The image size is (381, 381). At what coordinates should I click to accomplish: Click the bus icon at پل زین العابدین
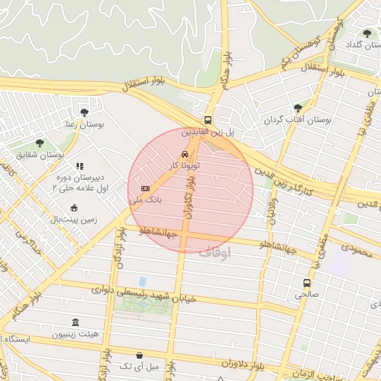click(x=208, y=119)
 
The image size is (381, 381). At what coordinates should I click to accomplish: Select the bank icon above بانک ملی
click(x=145, y=188)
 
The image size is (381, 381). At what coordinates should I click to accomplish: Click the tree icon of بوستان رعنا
click(x=83, y=112)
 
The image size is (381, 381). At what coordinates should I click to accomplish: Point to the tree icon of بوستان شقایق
click(x=39, y=143)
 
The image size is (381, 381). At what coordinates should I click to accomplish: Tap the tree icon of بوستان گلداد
click(x=367, y=33)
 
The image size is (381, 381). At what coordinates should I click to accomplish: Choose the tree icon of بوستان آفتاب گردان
click(x=298, y=108)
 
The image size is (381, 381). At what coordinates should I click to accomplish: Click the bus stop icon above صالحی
click(x=307, y=283)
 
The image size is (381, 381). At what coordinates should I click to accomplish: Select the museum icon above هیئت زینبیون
click(x=75, y=322)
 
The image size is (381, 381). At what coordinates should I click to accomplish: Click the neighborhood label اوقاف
click(x=215, y=252)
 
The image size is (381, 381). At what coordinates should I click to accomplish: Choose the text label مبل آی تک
click(x=139, y=367)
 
